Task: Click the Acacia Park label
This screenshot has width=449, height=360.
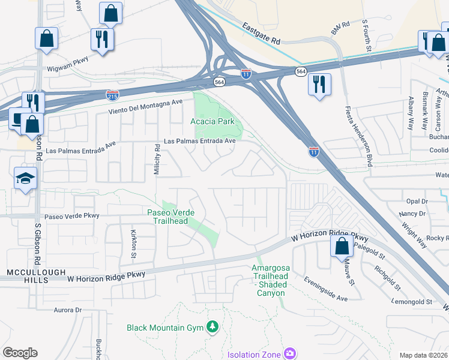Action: [x=215, y=122]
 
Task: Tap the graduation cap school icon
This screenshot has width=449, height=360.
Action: [x=25, y=178]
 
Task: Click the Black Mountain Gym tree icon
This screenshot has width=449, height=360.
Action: [x=211, y=327]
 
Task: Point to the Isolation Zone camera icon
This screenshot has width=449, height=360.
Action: [x=289, y=354]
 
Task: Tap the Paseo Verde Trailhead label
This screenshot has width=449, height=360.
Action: [x=167, y=216]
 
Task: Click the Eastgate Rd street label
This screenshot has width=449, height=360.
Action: [x=262, y=34]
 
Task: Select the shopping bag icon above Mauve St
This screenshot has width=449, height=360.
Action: [x=342, y=245]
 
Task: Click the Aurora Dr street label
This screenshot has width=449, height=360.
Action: [x=67, y=310]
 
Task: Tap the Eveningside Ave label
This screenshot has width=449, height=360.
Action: [x=325, y=289]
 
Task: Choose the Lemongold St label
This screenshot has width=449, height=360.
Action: [x=412, y=302]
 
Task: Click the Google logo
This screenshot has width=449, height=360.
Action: [x=20, y=353]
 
